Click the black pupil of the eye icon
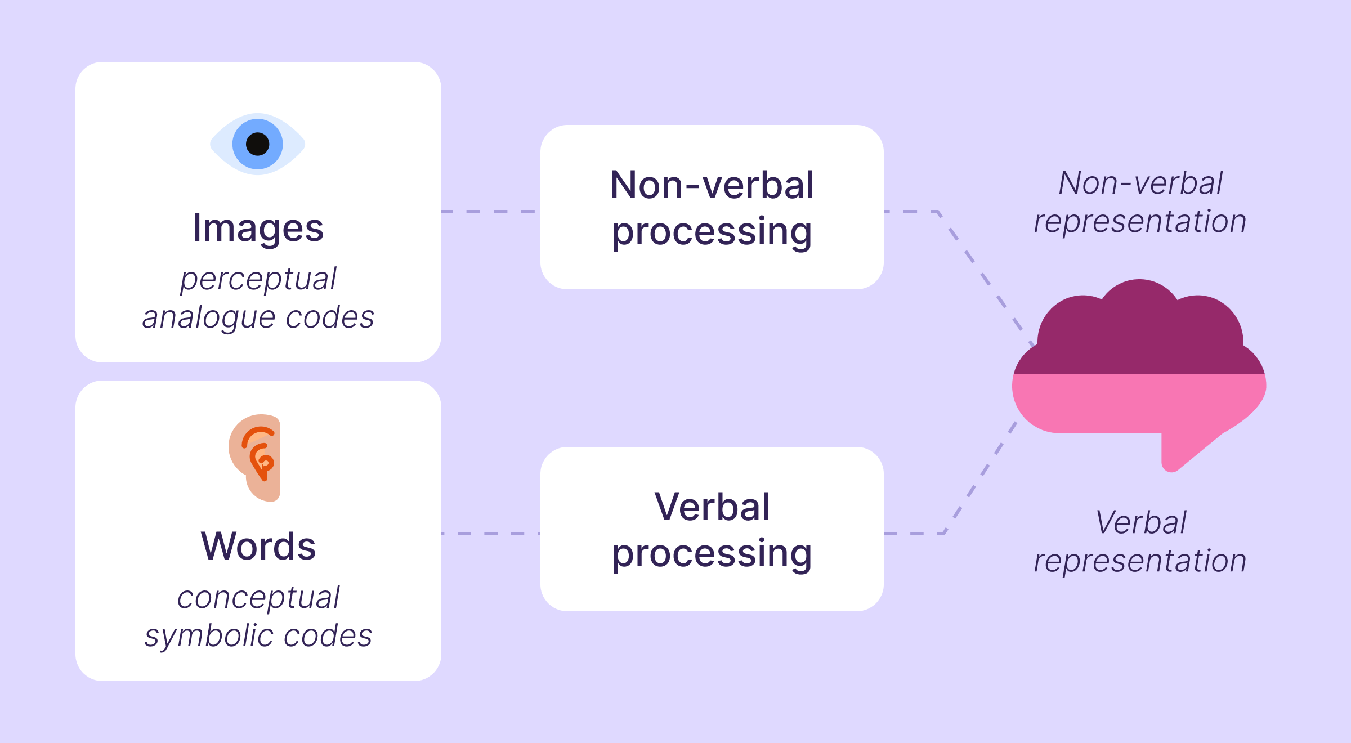tap(258, 144)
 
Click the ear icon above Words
tap(256, 457)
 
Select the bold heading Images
tap(258, 228)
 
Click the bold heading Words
tap(258, 546)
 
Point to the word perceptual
tap(258, 279)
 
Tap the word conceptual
tap(258, 597)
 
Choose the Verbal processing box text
tap(712, 529)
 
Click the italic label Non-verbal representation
tap(1140, 202)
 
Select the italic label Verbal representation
tap(1140, 541)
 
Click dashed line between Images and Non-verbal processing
tap(490, 212)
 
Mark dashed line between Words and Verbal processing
tap(490, 534)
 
